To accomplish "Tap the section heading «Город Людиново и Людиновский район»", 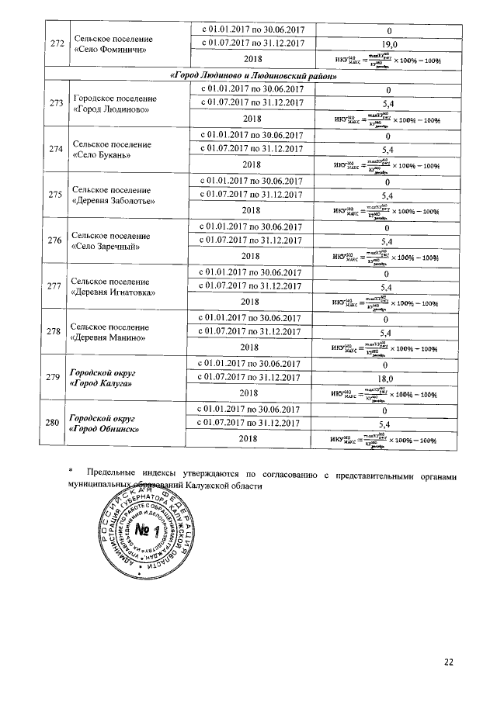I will pos(253,76).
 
